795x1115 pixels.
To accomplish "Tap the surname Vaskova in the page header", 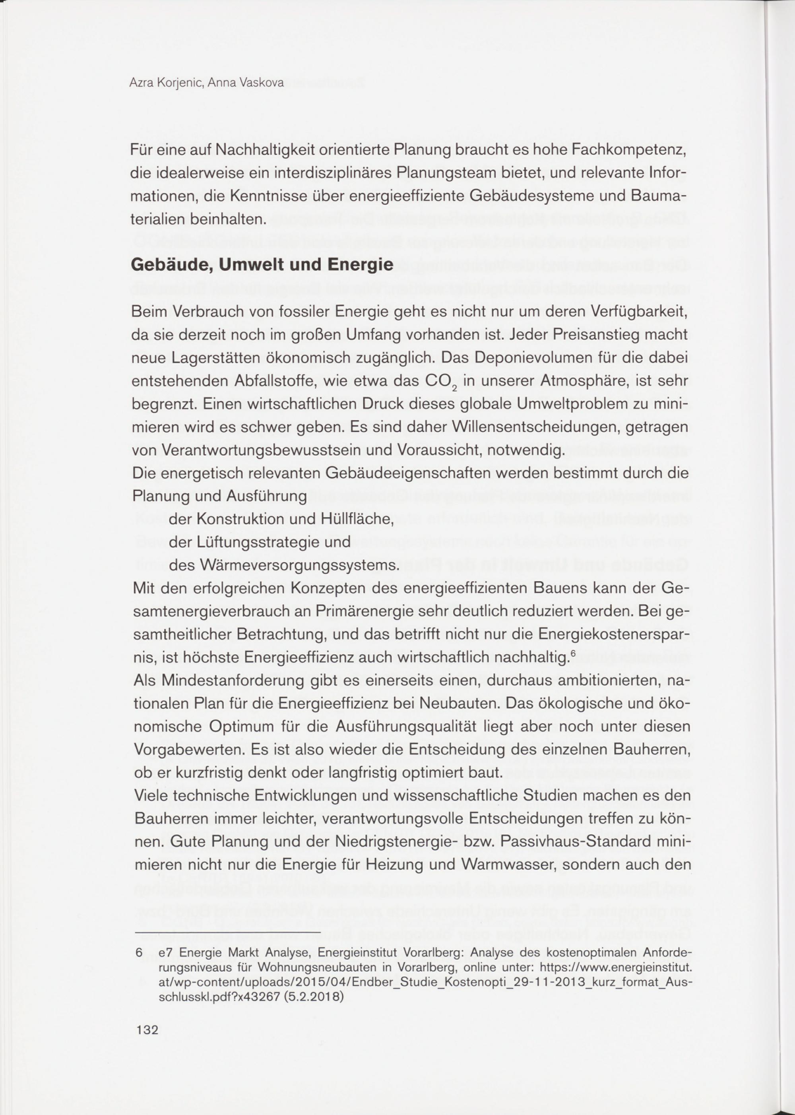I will [262, 83].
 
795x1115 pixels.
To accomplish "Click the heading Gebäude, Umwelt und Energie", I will [262, 265].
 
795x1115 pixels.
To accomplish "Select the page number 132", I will [147, 1030].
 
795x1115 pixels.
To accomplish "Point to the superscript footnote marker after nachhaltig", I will [572, 652].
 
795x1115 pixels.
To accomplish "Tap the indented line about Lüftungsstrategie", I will [260, 542].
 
